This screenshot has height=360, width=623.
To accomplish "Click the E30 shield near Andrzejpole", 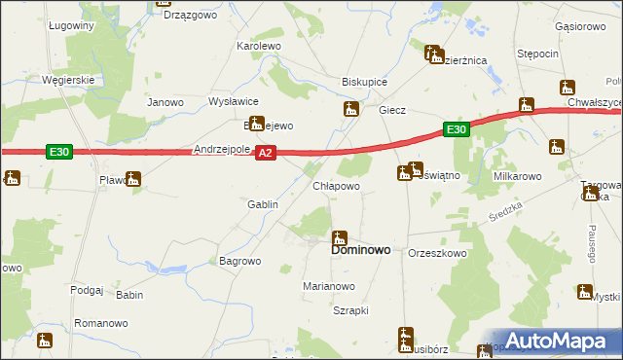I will [59, 152].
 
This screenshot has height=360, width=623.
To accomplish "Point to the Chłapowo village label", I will [336, 186].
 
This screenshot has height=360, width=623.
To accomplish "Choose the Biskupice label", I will [365, 83].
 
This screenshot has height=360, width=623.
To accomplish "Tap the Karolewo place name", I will [259, 46].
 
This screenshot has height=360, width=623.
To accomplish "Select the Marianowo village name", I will [328, 287].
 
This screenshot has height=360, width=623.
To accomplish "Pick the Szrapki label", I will [349, 310].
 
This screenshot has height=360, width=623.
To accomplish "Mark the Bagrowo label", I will [240, 261].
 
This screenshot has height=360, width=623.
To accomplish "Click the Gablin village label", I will [263, 205].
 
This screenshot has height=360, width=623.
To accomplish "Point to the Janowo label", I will [165, 102].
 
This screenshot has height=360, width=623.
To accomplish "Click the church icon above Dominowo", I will [340, 236].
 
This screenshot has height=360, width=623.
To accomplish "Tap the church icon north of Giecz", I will [350, 110].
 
